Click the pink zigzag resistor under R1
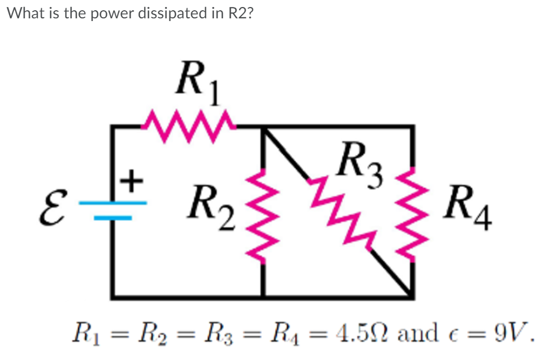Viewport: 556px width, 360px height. point(187,127)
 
